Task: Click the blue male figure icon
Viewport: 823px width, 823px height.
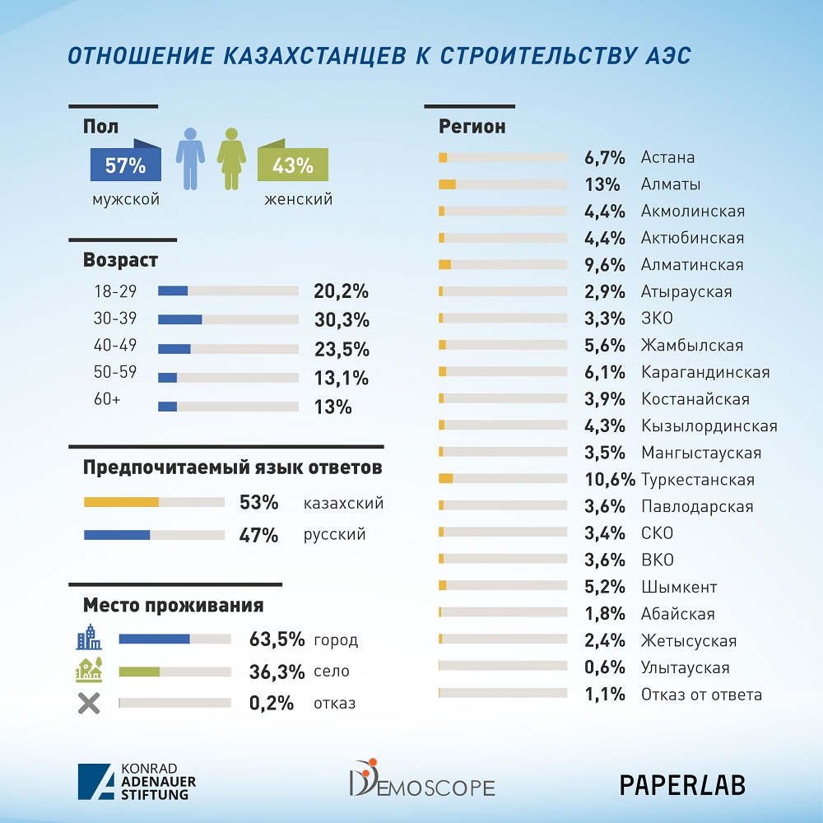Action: [190, 158]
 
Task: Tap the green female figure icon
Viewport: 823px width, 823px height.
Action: [231, 158]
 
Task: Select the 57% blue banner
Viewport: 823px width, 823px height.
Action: [125, 165]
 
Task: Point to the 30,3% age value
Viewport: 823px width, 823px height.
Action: [342, 320]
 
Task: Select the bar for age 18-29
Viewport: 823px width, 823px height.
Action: [228, 291]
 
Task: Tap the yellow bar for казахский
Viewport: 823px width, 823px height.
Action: [154, 502]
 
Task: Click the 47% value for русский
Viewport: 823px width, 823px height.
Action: [258, 535]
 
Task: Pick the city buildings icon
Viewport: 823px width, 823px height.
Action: [89, 638]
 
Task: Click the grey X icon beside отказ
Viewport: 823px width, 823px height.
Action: [88, 704]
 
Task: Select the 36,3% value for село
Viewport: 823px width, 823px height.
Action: [277, 672]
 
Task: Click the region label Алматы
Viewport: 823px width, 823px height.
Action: [671, 184]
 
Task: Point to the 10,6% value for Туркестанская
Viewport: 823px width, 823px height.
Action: [610, 480]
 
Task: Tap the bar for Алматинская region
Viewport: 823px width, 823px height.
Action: [503, 265]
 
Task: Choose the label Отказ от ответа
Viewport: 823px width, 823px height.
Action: [701, 695]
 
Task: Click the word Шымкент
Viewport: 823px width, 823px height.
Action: [679, 587]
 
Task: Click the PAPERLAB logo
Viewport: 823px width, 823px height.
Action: [682, 784]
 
